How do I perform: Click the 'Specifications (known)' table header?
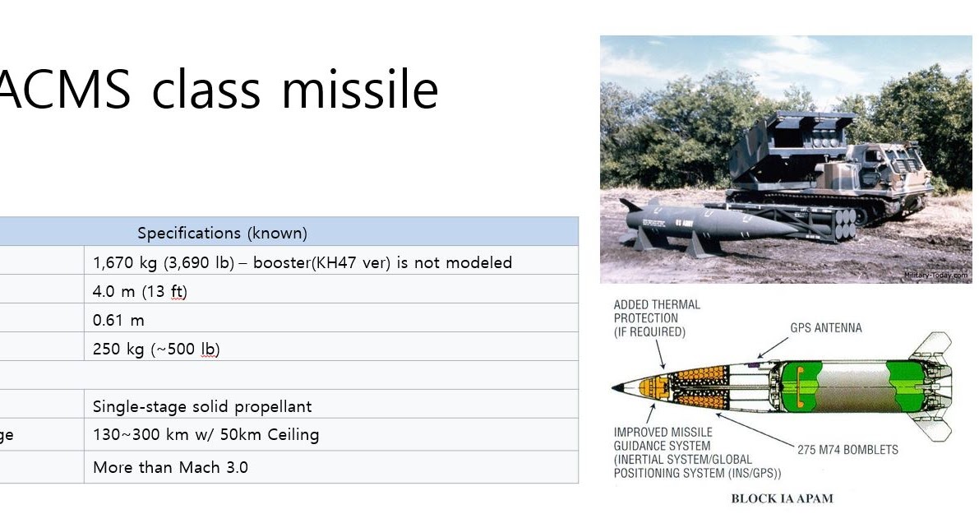pyautogui.click(x=223, y=233)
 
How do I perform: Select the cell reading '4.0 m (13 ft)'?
pyautogui.click(x=140, y=291)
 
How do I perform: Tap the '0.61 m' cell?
pyautogui.click(x=118, y=320)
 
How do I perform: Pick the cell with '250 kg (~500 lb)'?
pyautogui.click(x=156, y=349)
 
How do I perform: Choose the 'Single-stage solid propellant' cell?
pyautogui.click(x=202, y=406)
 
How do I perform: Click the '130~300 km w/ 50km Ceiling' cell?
pyautogui.click(x=205, y=435)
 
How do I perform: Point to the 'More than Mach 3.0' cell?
pyautogui.click(x=170, y=467)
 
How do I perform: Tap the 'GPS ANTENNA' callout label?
pyautogui.click(x=826, y=327)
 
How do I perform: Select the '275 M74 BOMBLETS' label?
pyautogui.click(x=847, y=449)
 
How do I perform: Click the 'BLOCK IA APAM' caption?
pyautogui.click(x=782, y=498)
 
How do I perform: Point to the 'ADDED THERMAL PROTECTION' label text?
pyautogui.click(x=657, y=318)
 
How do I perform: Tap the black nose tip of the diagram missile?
pyautogui.click(x=619, y=387)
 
